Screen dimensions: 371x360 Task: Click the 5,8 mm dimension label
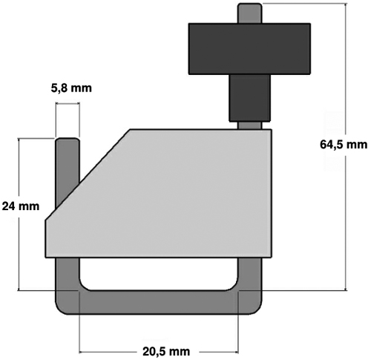point(71,88)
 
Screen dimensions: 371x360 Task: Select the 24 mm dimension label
point(21,206)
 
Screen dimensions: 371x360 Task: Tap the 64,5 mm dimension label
point(344,145)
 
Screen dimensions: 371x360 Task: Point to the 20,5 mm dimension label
point(166,351)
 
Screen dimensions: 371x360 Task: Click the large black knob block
point(249,49)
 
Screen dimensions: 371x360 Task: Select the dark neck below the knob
point(249,98)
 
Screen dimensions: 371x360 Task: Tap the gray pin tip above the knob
point(249,13)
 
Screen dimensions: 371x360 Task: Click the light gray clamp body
point(158,193)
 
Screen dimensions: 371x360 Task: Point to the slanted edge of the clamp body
point(88,174)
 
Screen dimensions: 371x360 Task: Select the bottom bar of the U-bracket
point(158,302)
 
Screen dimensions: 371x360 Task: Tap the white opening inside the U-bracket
point(158,274)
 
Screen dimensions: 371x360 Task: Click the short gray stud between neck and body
point(249,125)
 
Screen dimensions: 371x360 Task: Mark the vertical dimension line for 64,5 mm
point(346,147)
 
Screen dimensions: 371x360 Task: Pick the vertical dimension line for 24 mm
point(19,215)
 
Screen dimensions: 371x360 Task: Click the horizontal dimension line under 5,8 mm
point(68,104)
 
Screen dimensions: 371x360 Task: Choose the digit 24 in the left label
point(9,206)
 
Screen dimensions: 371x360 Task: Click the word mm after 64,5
point(358,145)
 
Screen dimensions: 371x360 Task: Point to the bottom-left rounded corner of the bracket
point(61,309)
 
